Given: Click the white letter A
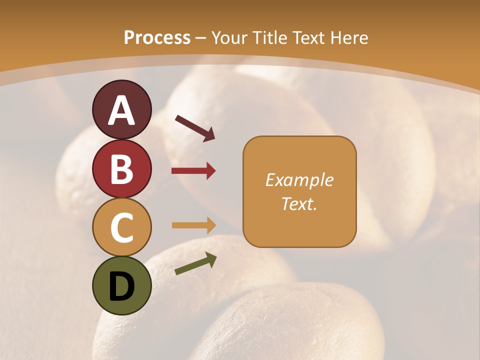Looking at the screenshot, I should pyautogui.click(x=121, y=110).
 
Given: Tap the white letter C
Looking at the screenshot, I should pyautogui.click(x=121, y=227).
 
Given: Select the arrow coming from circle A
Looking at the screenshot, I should pyautogui.click(x=195, y=127).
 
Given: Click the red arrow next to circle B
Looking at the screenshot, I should pyautogui.click(x=193, y=171).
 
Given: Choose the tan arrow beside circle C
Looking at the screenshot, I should pyautogui.click(x=193, y=225).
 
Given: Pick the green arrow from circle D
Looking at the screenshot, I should pyautogui.click(x=195, y=263).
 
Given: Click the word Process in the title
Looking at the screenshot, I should pyautogui.click(x=157, y=37).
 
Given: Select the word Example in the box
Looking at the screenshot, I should pyautogui.click(x=299, y=180).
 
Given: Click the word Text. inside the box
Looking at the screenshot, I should pyautogui.click(x=299, y=203).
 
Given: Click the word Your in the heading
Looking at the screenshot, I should pyautogui.click(x=228, y=37).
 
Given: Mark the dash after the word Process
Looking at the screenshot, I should pyautogui.click(x=201, y=38).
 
